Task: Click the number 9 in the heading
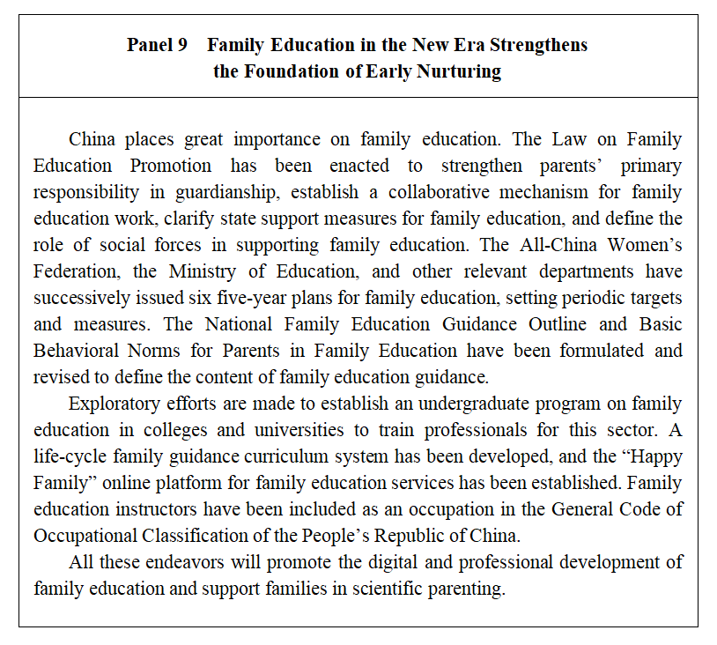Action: (181, 45)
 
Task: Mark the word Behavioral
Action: (75, 351)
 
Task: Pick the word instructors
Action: (149, 509)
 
